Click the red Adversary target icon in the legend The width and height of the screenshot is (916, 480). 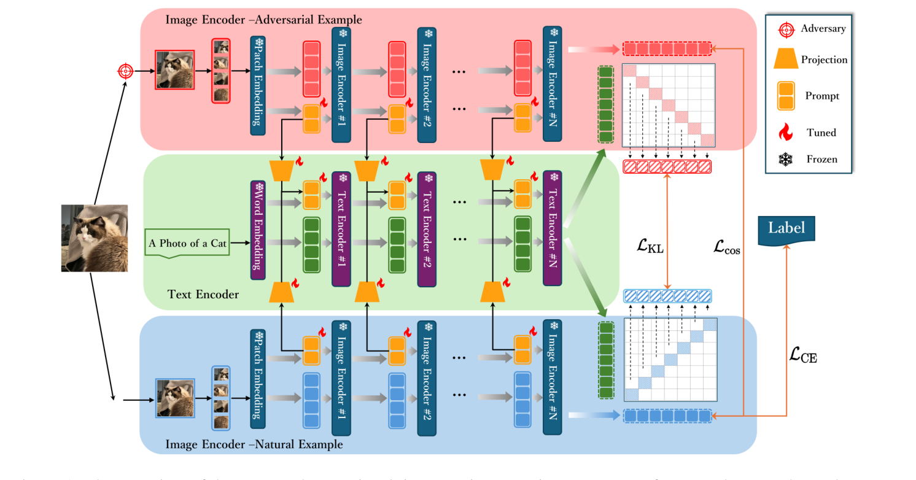(x=786, y=29)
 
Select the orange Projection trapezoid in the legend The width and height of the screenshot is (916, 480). (x=786, y=60)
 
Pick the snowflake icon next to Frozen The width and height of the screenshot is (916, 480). (x=786, y=160)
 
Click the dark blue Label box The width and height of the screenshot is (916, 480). (x=786, y=229)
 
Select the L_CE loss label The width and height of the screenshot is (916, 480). (x=802, y=355)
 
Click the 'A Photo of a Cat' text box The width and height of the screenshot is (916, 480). (x=187, y=243)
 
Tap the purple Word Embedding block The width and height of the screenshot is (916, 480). (x=258, y=226)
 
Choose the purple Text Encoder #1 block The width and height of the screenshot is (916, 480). (x=341, y=228)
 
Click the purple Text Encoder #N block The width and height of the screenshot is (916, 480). (x=552, y=228)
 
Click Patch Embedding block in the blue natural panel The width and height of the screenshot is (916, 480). (x=258, y=378)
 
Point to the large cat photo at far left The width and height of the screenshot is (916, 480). (x=95, y=238)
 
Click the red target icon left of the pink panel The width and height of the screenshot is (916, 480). (x=125, y=71)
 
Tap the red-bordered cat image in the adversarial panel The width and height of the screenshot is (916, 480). (x=175, y=70)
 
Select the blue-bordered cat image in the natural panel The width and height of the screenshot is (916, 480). (x=175, y=398)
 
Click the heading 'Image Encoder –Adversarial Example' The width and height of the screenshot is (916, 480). (x=263, y=20)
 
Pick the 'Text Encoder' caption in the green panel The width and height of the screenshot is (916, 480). (x=203, y=295)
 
